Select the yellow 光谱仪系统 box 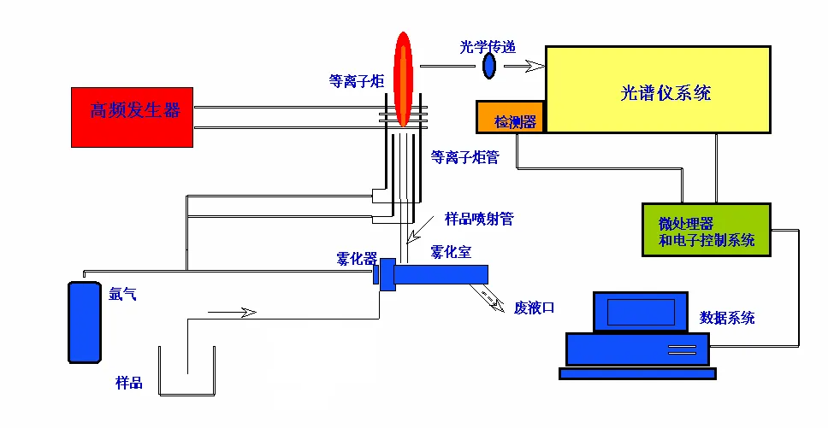tap(659, 90)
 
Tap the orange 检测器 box tap(510, 118)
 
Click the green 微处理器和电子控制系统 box tap(706, 230)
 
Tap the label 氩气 tap(122, 296)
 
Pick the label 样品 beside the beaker tap(128, 383)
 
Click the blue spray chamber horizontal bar tap(441, 274)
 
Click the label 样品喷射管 tap(479, 219)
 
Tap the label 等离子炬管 tap(465, 157)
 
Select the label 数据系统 tap(727, 318)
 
